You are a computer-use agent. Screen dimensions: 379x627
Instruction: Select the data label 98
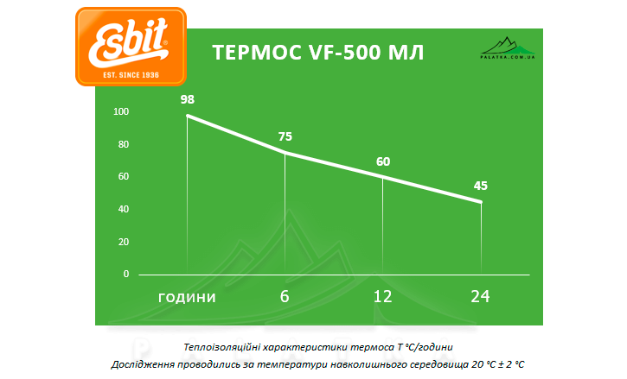tap(188, 99)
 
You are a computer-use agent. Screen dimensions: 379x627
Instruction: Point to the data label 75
tap(285, 136)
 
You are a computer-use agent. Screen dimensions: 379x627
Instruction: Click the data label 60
tap(383, 161)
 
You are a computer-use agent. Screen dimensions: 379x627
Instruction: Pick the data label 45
tap(481, 186)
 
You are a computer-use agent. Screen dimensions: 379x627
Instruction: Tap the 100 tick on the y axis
tap(120, 112)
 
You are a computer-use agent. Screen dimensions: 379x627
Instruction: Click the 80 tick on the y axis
tap(123, 144)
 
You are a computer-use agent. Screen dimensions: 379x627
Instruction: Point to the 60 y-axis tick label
tap(123, 177)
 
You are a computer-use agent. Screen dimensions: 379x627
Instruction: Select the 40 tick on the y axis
tap(123, 210)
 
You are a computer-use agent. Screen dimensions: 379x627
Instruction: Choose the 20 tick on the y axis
tap(123, 242)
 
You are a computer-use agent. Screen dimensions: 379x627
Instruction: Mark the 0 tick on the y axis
tap(125, 275)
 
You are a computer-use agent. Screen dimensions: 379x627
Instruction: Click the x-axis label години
tap(187, 296)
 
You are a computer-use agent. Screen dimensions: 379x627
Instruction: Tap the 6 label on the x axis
tap(285, 296)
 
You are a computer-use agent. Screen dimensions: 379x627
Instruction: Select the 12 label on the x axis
tap(382, 296)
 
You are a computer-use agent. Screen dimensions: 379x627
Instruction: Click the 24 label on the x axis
tap(480, 296)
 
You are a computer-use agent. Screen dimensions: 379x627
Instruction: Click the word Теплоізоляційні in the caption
tap(223, 347)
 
